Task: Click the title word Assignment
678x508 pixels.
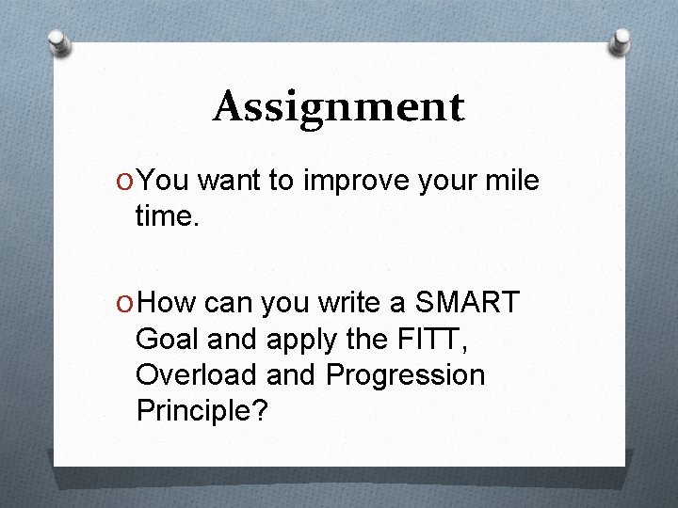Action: [x=338, y=106]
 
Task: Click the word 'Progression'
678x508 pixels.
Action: [x=405, y=376]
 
